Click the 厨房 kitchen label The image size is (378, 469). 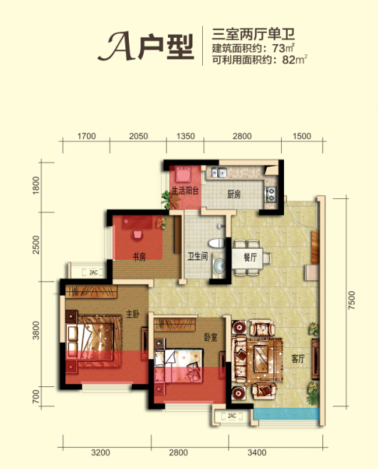233,195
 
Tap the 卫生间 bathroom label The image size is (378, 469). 197,257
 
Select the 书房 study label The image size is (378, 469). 140,257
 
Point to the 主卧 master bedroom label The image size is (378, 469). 132,314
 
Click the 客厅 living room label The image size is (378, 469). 298,359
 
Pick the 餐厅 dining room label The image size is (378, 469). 251,257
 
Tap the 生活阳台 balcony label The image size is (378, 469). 185,190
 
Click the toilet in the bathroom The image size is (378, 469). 216,243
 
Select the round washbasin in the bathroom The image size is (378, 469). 219,265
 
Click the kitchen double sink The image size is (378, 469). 219,172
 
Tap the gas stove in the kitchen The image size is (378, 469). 271,194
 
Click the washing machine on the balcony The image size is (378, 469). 184,175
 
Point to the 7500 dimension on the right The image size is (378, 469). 352,300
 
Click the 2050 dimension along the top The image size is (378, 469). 138,136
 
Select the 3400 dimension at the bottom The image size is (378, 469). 257,453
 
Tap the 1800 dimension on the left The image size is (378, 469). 36,185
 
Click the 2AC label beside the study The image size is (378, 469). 93,272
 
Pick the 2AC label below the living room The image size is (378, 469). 232,416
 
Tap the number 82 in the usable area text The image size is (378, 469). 288,60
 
